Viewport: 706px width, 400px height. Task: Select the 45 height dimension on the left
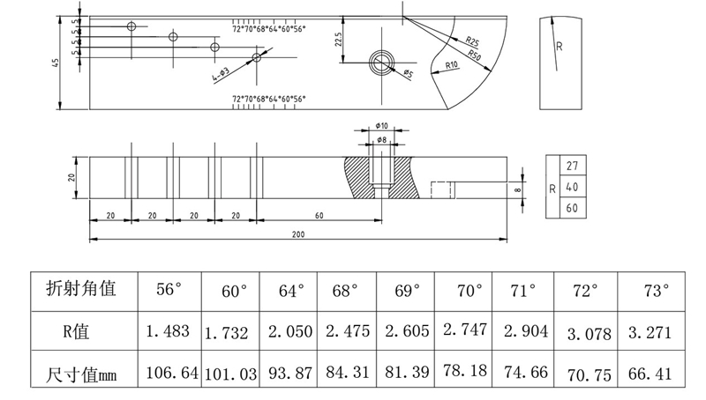pyautogui.click(x=56, y=62)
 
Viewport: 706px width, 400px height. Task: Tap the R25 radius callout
pyautogui.click(x=472, y=41)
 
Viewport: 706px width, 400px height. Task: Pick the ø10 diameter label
pyautogui.click(x=381, y=127)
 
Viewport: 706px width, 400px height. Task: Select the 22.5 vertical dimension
pyautogui.click(x=339, y=40)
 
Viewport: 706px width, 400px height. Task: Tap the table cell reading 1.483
pyautogui.click(x=168, y=333)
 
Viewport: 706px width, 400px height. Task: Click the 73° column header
pyautogui.click(x=653, y=290)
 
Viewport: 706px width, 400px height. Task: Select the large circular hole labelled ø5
pyautogui.click(x=383, y=62)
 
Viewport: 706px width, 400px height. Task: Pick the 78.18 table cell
pyautogui.click(x=462, y=374)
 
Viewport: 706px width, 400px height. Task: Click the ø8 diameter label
pyautogui.click(x=381, y=140)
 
